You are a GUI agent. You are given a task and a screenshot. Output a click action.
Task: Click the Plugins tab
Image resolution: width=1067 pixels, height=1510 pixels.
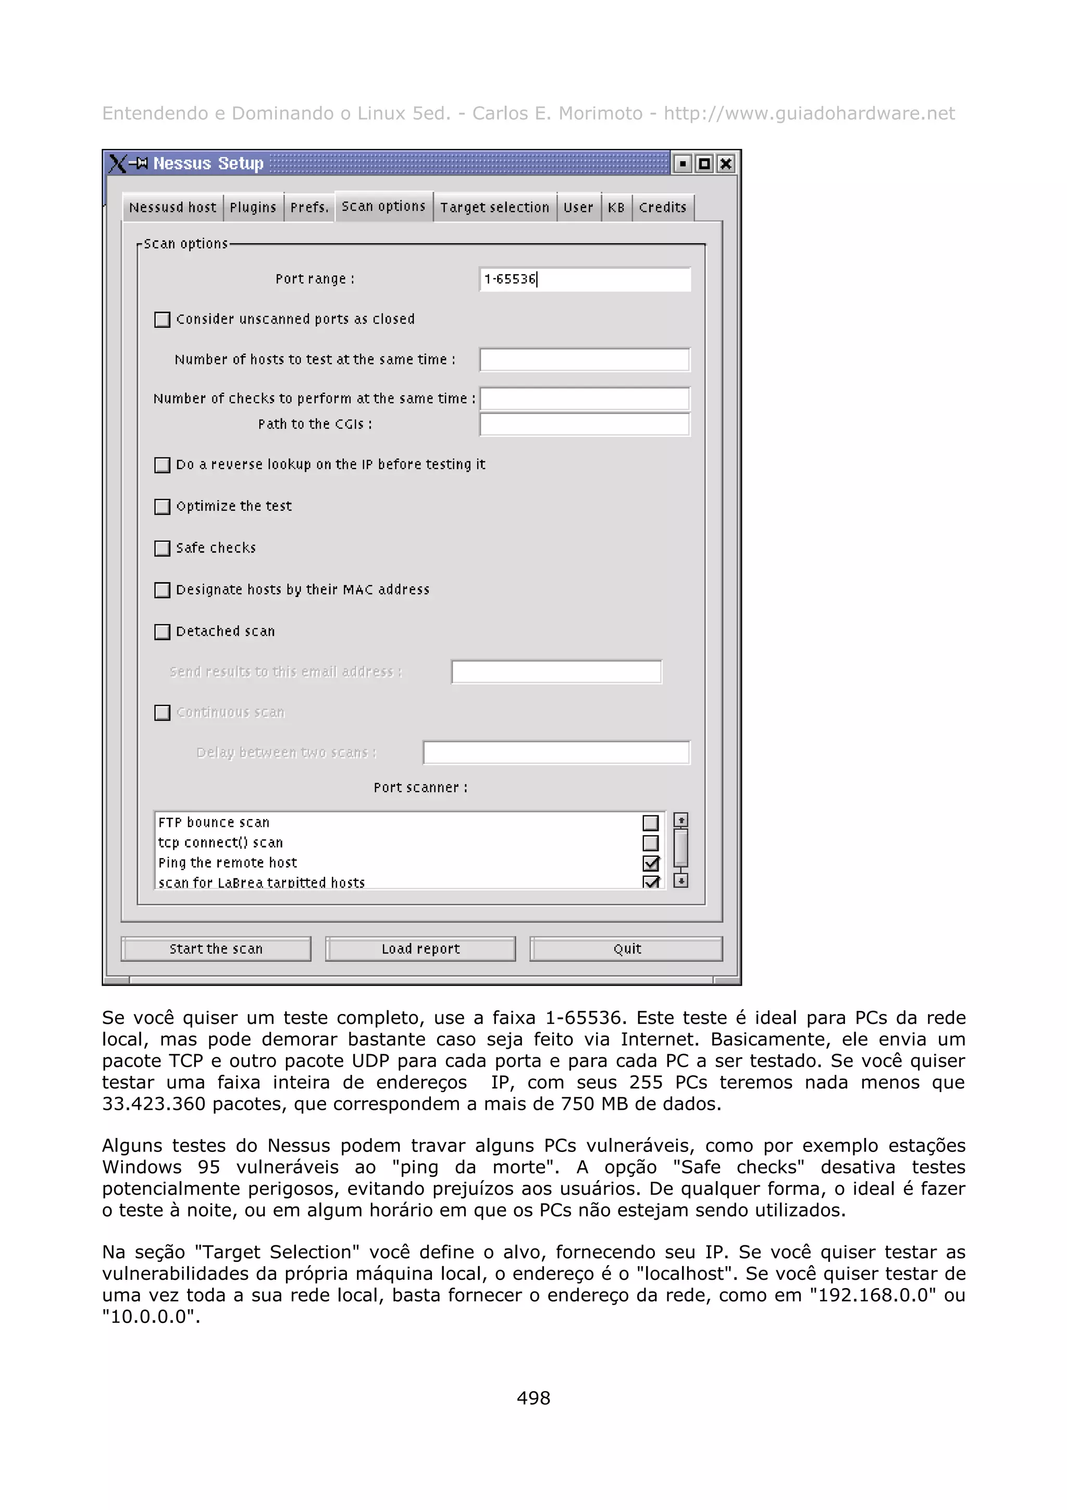coord(253,208)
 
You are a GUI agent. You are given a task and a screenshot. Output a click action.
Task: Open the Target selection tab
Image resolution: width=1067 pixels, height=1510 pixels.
coord(494,208)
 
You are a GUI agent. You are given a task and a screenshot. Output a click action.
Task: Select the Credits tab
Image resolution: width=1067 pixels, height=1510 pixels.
coord(662,208)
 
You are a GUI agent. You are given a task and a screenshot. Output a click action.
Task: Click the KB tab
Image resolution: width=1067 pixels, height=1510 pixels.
coord(616,208)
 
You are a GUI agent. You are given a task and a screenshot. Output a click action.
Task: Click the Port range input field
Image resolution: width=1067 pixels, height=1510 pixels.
coord(585,279)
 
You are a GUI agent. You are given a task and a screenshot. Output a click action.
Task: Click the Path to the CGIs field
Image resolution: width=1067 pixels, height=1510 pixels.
coord(585,425)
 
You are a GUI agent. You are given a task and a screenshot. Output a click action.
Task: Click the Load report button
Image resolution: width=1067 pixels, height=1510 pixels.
coord(420,949)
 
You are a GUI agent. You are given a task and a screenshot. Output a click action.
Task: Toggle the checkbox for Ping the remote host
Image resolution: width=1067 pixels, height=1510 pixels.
coord(650,863)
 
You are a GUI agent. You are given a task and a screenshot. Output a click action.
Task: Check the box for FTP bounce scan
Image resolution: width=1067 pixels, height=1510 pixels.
coord(650,823)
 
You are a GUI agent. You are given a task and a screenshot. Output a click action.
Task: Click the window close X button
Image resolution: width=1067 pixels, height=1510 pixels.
coord(725,164)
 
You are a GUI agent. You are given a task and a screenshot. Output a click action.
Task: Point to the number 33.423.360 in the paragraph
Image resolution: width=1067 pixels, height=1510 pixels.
coord(154,1104)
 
